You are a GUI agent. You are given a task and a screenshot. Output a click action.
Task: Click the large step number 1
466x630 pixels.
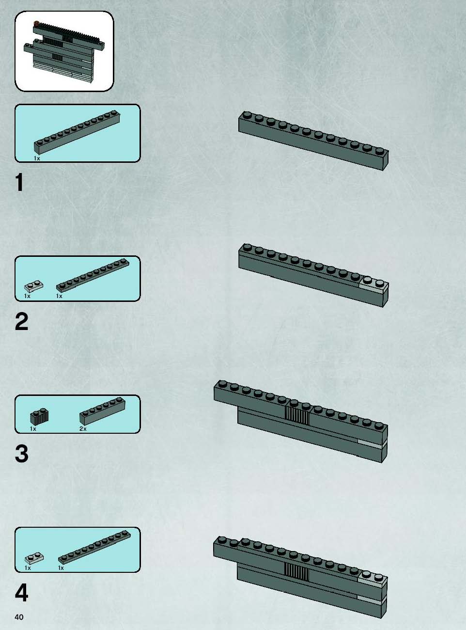(19, 182)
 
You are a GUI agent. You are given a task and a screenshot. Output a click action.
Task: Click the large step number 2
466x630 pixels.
(22, 321)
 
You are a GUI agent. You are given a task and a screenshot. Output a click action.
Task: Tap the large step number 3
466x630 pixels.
(22, 454)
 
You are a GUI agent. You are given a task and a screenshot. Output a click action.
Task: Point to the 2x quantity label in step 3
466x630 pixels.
(83, 429)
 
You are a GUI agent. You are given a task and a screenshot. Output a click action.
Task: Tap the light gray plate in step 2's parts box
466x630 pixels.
(34, 286)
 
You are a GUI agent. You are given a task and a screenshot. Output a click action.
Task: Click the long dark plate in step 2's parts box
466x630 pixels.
(93, 275)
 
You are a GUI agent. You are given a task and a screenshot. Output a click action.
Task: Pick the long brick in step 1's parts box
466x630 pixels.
(77, 132)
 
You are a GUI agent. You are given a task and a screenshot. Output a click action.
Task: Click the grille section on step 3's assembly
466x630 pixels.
(297, 415)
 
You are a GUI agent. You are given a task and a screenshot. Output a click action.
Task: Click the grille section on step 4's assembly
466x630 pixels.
(296, 572)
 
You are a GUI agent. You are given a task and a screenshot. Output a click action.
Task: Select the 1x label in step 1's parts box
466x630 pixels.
(37, 158)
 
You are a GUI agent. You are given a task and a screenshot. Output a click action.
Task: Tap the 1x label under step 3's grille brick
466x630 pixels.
(33, 429)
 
